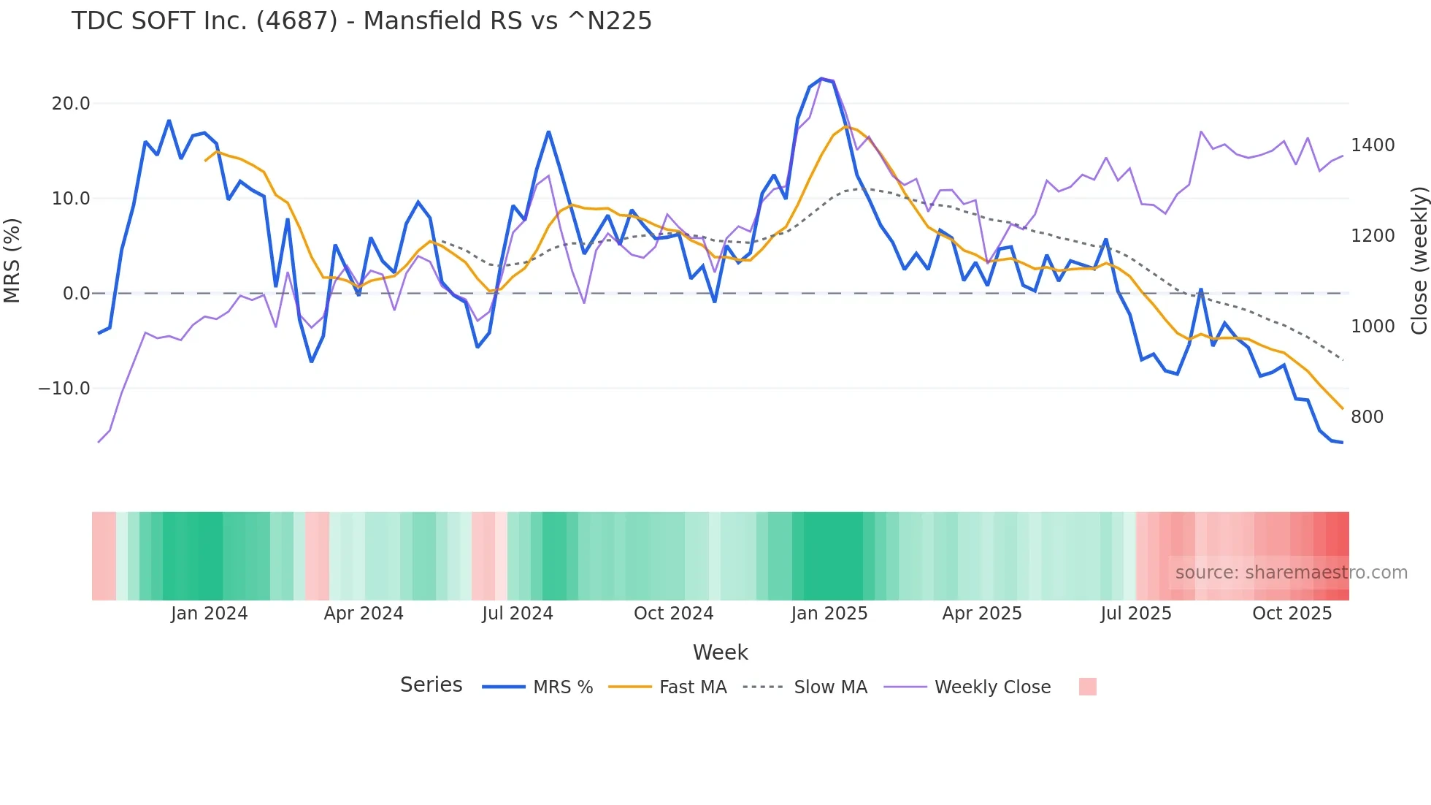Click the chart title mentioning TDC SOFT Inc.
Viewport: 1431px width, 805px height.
tap(361, 20)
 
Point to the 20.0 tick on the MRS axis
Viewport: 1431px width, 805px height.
tap(71, 104)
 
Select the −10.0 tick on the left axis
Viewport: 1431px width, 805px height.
tap(64, 389)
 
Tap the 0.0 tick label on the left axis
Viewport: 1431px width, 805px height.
tap(76, 294)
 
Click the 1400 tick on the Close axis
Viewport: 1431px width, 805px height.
tap(1373, 145)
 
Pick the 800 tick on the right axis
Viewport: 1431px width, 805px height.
tap(1367, 417)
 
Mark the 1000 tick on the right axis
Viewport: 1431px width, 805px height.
tap(1373, 327)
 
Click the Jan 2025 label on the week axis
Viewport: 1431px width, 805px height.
tap(829, 614)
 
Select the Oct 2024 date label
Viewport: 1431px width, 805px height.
tap(673, 614)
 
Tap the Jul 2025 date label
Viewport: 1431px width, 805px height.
tap(1135, 614)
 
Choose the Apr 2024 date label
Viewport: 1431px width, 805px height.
tap(364, 614)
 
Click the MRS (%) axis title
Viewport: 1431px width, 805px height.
tap(12, 261)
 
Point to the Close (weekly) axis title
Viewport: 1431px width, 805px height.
tap(1419, 261)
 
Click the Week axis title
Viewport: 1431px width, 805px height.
tap(720, 652)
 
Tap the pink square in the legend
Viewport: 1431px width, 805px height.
tap(1087, 687)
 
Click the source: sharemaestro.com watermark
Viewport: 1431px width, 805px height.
tap(1291, 573)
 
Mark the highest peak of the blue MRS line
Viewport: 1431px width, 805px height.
tap(821, 78)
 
